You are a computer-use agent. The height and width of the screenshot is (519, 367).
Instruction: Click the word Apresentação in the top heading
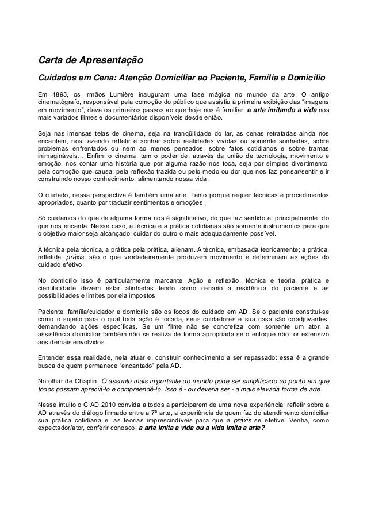[x=101, y=60]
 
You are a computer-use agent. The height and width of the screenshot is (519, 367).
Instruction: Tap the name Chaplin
[x=83, y=380]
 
